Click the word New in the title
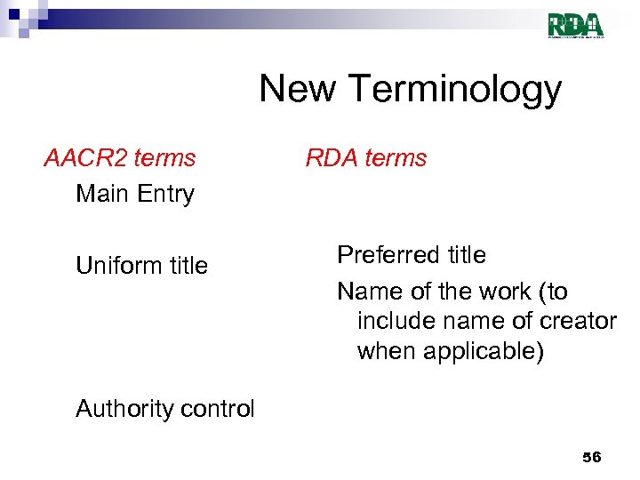[x=298, y=89]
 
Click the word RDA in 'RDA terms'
[x=330, y=158]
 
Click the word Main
[x=102, y=193]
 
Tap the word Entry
[x=164, y=194]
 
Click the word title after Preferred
[x=465, y=255]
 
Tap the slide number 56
[x=591, y=457]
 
